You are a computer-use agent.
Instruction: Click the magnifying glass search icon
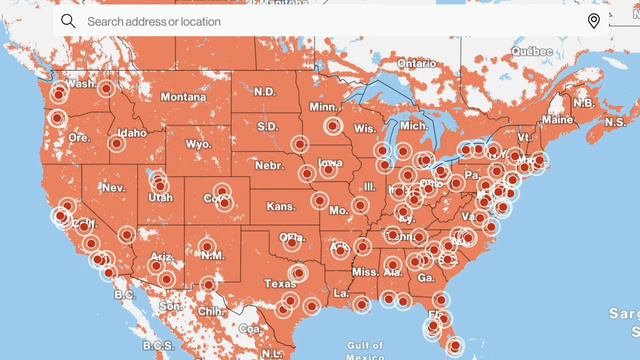68,21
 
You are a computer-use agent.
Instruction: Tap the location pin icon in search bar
593,21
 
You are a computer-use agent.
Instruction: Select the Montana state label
183,97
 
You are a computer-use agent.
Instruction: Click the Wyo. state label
199,144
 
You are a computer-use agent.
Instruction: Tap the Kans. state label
282,207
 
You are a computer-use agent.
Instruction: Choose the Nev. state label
113,188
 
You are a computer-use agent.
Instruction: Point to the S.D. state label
268,127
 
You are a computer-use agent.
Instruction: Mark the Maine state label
560,119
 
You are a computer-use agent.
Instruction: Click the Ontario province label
417,63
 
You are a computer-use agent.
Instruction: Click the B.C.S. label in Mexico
157,345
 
